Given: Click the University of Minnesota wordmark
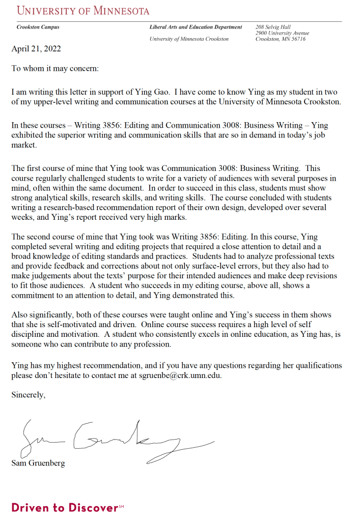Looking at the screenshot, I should pos(83,10).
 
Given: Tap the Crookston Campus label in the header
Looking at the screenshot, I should pos(38,27).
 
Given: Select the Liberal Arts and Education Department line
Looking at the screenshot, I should pos(196,27).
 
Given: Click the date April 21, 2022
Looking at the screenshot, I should pos(36,49).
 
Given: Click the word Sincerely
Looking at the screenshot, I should pos(29,394).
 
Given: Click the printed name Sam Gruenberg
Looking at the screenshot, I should pos(38,464).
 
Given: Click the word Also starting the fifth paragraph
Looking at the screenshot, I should pos(20,314).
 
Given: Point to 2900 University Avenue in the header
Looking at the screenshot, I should pos(282,33).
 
